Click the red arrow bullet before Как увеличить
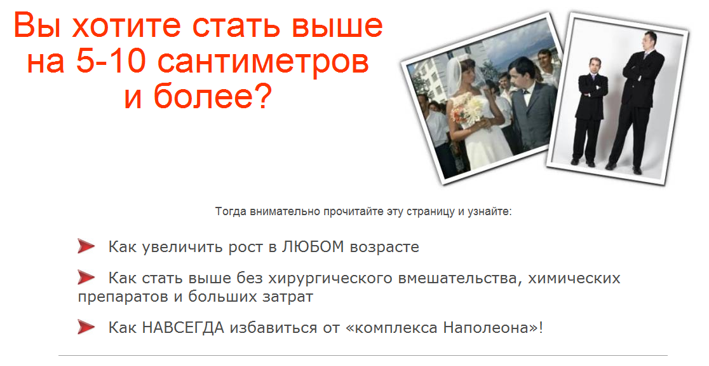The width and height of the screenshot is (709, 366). (x=86, y=246)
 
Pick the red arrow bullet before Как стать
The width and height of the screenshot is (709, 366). (x=86, y=278)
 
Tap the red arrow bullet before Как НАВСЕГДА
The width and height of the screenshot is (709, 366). (x=86, y=327)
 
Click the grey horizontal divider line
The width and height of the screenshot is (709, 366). (x=363, y=355)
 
